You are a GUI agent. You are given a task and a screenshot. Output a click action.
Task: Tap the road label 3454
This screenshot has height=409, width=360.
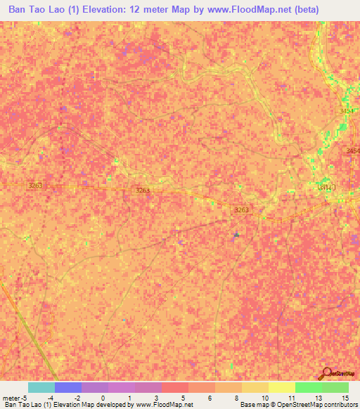[x=352, y=152]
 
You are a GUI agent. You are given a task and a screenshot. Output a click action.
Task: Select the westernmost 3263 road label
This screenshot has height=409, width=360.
[x=36, y=186]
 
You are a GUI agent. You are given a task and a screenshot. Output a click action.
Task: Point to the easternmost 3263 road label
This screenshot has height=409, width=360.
[x=242, y=209]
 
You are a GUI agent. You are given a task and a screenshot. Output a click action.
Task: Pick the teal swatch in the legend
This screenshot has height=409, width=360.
[x=41, y=387]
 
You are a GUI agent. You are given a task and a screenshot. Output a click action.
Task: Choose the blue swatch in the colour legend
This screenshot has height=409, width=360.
[x=68, y=387]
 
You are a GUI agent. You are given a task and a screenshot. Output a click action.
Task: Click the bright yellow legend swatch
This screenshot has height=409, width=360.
[x=281, y=387]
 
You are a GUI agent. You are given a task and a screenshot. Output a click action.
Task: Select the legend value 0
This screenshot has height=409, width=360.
[x=103, y=397]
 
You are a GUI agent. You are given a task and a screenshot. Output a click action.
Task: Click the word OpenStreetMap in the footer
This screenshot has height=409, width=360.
[x=294, y=405]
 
